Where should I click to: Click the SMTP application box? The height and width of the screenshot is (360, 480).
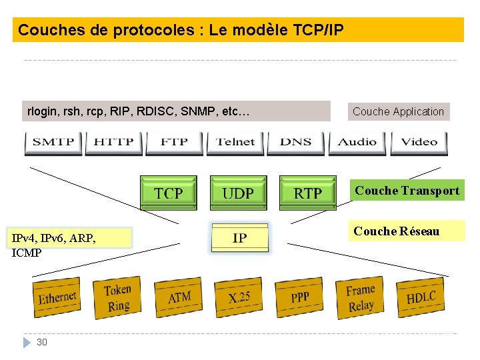(54, 142)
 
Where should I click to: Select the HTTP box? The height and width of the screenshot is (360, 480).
(114, 142)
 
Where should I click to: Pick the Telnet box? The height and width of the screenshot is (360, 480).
(235, 142)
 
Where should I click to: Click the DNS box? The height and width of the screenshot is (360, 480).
(296, 142)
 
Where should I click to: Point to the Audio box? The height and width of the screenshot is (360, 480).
(357, 142)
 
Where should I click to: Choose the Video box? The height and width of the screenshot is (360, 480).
(419, 142)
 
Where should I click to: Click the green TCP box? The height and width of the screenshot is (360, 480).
(169, 193)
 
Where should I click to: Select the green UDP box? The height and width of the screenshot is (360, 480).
(238, 193)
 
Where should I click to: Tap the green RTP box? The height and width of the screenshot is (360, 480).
(307, 193)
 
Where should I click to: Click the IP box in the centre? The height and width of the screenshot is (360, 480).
(240, 238)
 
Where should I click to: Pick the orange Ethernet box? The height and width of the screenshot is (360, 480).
(57, 297)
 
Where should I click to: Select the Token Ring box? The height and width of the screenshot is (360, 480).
(118, 297)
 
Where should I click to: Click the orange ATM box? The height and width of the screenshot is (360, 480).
(179, 297)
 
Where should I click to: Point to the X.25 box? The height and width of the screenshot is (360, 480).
(239, 297)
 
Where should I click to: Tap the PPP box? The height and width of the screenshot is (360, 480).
(300, 297)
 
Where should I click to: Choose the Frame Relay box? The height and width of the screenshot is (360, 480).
(361, 297)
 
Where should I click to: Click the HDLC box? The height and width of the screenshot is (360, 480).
(421, 297)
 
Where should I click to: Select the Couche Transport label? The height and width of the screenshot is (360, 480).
(407, 191)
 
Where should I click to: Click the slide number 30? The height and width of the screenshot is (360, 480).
(42, 342)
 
